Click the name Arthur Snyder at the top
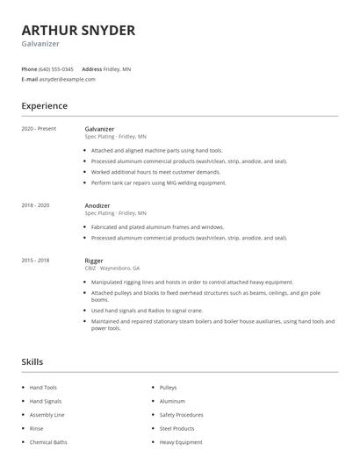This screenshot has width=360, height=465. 78,31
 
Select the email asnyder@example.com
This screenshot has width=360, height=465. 68,79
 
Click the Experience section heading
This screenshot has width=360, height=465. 44,106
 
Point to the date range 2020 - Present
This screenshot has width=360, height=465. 39,129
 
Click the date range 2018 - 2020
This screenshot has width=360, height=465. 36,205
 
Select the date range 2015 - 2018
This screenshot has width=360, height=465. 36,261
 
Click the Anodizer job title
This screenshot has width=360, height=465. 97,205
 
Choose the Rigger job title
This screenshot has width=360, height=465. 94,261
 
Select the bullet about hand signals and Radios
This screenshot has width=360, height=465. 147,310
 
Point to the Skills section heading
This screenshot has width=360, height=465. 32,361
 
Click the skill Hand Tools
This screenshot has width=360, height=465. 43,387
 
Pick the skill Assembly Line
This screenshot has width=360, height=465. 47,414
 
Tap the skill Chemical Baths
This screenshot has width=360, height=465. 48,442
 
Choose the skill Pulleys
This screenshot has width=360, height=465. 169,387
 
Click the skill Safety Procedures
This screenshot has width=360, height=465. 183,414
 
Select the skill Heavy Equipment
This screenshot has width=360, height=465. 182,442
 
